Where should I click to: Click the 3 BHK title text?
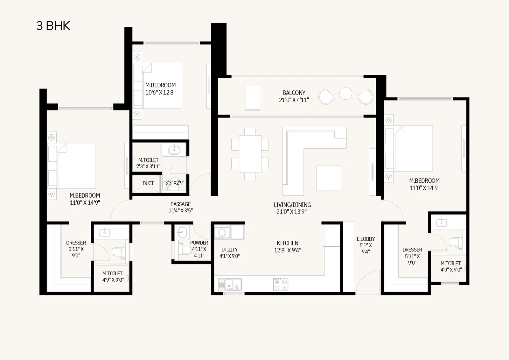click(x=53, y=26)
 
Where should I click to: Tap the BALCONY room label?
click(x=294, y=93)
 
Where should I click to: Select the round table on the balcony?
click(x=345, y=93)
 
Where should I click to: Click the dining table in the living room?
click(x=250, y=154)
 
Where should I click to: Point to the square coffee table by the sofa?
click(x=329, y=178)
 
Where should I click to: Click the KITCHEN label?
click(x=288, y=243)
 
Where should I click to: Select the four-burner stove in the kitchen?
click(x=281, y=285)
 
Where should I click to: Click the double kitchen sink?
click(x=230, y=285)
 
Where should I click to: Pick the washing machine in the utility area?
click(x=222, y=232)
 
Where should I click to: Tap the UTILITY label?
click(x=229, y=250)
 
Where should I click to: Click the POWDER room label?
click(x=199, y=243)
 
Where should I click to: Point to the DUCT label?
click(x=148, y=183)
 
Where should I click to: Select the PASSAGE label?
click(x=181, y=204)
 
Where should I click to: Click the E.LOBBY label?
click(x=366, y=239)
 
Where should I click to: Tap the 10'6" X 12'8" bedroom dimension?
click(x=160, y=93)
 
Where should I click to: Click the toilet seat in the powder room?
click(x=185, y=250)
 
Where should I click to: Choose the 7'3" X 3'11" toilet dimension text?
click(x=148, y=166)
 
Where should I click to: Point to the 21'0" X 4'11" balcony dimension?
click(x=294, y=100)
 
